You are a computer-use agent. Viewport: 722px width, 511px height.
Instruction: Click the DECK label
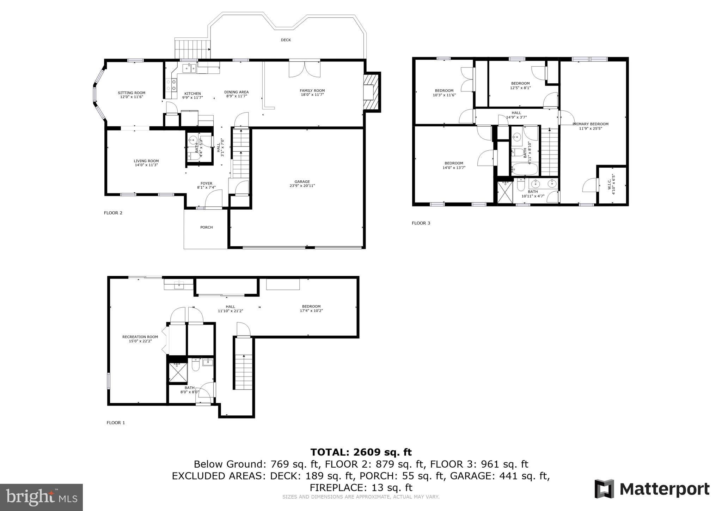point(286,40)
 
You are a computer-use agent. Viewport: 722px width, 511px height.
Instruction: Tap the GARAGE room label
point(302,184)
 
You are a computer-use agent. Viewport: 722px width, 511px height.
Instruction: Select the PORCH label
point(206,227)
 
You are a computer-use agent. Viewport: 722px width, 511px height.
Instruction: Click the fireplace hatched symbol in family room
point(372,92)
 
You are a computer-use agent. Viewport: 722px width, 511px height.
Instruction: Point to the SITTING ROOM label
point(131,95)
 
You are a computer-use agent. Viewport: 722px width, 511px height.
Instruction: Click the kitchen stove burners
point(171,85)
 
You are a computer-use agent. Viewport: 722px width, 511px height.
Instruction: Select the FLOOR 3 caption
point(421,223)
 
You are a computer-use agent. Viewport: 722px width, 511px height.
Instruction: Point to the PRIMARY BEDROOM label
point(591,126)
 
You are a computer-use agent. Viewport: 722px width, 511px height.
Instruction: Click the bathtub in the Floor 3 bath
point(524,169)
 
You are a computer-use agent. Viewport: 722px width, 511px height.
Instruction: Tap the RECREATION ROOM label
point(140,339)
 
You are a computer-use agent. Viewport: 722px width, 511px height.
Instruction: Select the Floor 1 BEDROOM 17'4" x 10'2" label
point(311,308)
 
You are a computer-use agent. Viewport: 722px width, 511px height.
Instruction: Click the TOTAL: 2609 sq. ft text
point(361,452)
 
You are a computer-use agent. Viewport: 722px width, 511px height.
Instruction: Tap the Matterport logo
point(652,489)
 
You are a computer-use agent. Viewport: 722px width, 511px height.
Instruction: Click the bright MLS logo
point(41,497)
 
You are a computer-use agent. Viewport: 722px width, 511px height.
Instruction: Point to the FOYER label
point(206,185)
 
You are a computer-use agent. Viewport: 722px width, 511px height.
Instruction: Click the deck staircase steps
point(192,49)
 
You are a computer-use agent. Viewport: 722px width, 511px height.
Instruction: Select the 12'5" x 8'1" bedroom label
point(520,85)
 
